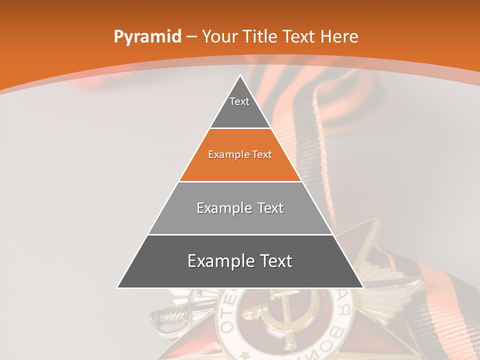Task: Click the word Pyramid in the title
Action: (x=147, y=37)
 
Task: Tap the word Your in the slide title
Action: (x=219, y=37)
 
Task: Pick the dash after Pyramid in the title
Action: (x=191, y=37)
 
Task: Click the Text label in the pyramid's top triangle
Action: (x=239, y=101)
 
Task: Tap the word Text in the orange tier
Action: (x=262, y=154)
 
